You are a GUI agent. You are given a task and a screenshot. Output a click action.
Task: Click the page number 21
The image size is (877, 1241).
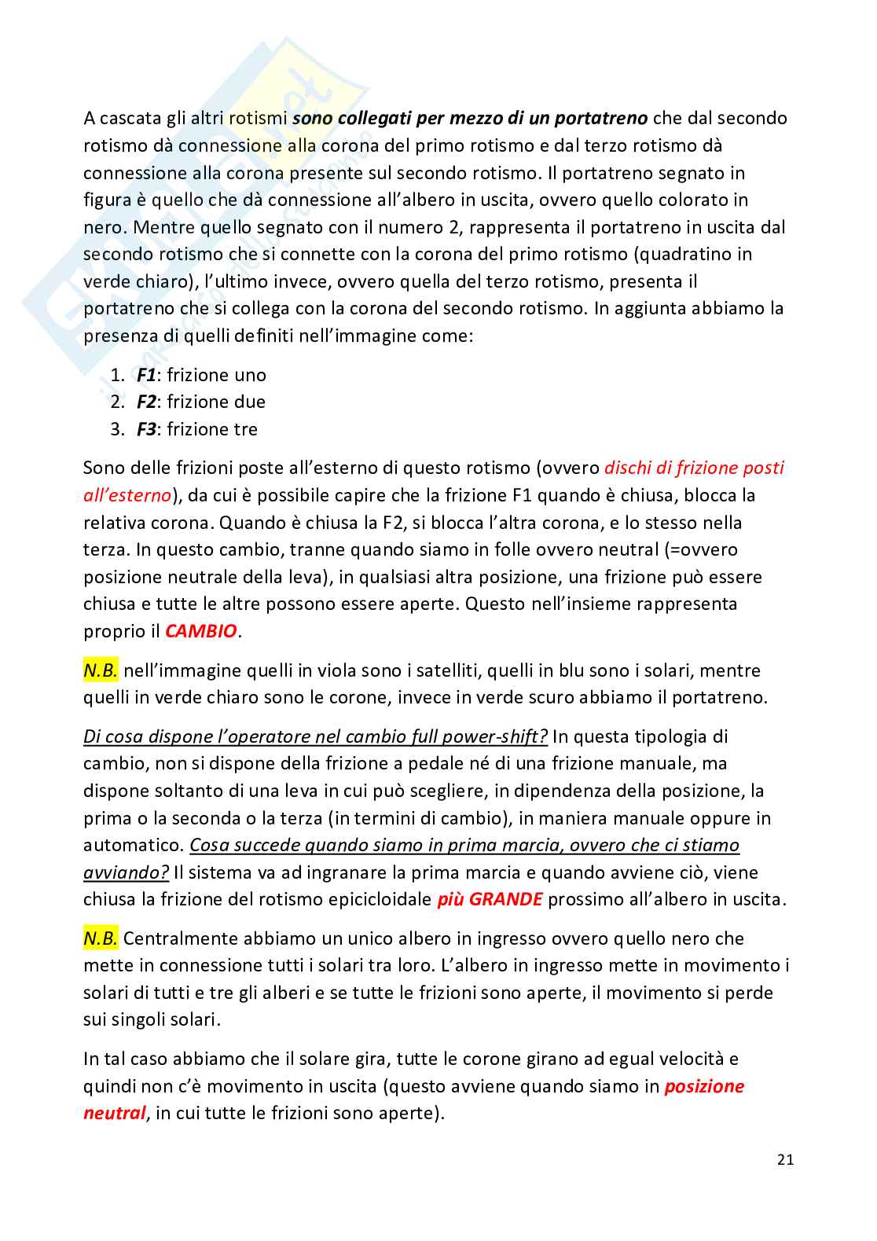pos(785,1159)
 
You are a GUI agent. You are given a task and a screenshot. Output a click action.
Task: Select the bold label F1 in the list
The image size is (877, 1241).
pos(145,375)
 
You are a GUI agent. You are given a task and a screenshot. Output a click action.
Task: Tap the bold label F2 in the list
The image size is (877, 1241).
pos(145,402)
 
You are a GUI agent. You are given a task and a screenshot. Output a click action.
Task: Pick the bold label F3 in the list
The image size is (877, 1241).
pos(145,429)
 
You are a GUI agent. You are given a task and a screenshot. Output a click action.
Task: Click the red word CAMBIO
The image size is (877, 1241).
pos(200,631)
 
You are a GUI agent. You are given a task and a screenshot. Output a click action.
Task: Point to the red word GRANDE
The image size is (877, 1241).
pos(505,899)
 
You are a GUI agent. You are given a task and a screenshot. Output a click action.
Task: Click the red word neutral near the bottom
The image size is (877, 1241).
pos(114,1113)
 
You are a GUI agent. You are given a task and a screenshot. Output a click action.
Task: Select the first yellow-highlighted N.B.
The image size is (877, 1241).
pos(101,670)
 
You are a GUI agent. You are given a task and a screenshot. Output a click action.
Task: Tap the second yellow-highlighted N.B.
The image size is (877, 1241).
pos(101,938)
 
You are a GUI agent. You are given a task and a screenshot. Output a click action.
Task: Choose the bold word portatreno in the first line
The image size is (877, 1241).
pos(601,118)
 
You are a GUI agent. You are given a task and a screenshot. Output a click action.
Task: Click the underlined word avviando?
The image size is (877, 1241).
pos(126,872)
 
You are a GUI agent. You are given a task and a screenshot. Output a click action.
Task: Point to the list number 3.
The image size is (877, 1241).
pos(117,429)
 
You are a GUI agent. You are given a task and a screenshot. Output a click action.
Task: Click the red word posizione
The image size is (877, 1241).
pos(704,1086)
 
